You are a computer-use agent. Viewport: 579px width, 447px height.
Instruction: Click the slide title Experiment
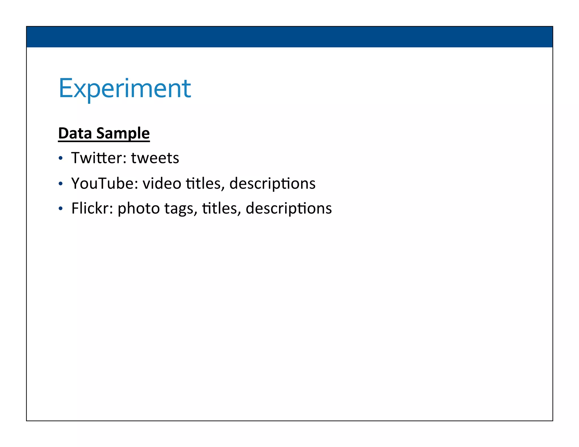(125, 88)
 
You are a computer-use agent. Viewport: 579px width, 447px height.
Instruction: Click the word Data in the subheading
(75, 133)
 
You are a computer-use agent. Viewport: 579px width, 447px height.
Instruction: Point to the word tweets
(155, 158)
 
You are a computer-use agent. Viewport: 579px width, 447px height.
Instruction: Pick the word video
(162, 183)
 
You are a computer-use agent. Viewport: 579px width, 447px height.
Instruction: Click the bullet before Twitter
(60, 159)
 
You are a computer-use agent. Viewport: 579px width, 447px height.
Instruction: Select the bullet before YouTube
(60, 184)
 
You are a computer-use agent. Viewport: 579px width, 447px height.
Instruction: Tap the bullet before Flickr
(60, 209)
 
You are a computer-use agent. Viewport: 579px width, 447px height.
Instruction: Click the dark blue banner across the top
(289, 37)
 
